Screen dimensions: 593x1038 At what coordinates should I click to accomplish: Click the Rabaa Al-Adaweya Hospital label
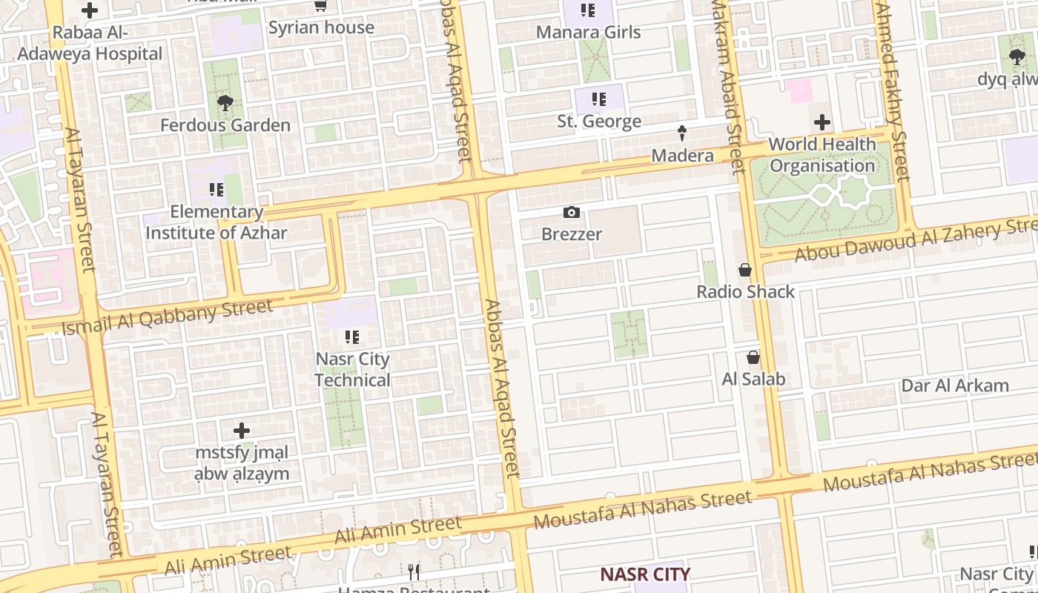point(90,43)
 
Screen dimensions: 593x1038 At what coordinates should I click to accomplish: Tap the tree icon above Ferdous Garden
point(225,103)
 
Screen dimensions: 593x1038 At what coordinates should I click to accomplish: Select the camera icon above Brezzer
point(571,213)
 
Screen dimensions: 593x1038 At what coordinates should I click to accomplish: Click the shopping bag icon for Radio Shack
point(745,271)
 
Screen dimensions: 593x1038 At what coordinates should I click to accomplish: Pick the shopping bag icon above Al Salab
point(753,358)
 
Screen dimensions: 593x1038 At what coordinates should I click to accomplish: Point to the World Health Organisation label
point(822,154)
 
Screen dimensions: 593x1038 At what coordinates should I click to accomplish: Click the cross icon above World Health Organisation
point(822,122)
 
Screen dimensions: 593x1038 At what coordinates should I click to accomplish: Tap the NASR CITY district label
point(645,574)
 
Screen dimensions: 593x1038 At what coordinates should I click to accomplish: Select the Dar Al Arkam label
point(955,385)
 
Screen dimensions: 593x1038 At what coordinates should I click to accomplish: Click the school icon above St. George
point(599,99)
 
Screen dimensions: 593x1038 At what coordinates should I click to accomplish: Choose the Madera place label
point(682,156)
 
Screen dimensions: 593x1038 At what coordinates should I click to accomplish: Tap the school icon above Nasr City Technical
point(352,337)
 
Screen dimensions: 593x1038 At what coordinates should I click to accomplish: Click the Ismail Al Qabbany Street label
point(168,317)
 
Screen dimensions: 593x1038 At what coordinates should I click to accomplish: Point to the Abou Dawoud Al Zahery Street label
point(916,241)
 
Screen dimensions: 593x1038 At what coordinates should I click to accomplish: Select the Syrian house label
point(321,27)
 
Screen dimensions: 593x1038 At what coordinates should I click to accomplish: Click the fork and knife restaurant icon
point(414,572)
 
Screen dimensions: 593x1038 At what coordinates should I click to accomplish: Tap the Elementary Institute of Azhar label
point(216,222)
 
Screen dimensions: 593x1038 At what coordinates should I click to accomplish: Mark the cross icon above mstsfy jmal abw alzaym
point(242,430)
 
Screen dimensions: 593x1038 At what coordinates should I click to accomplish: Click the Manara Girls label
point(588,32)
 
